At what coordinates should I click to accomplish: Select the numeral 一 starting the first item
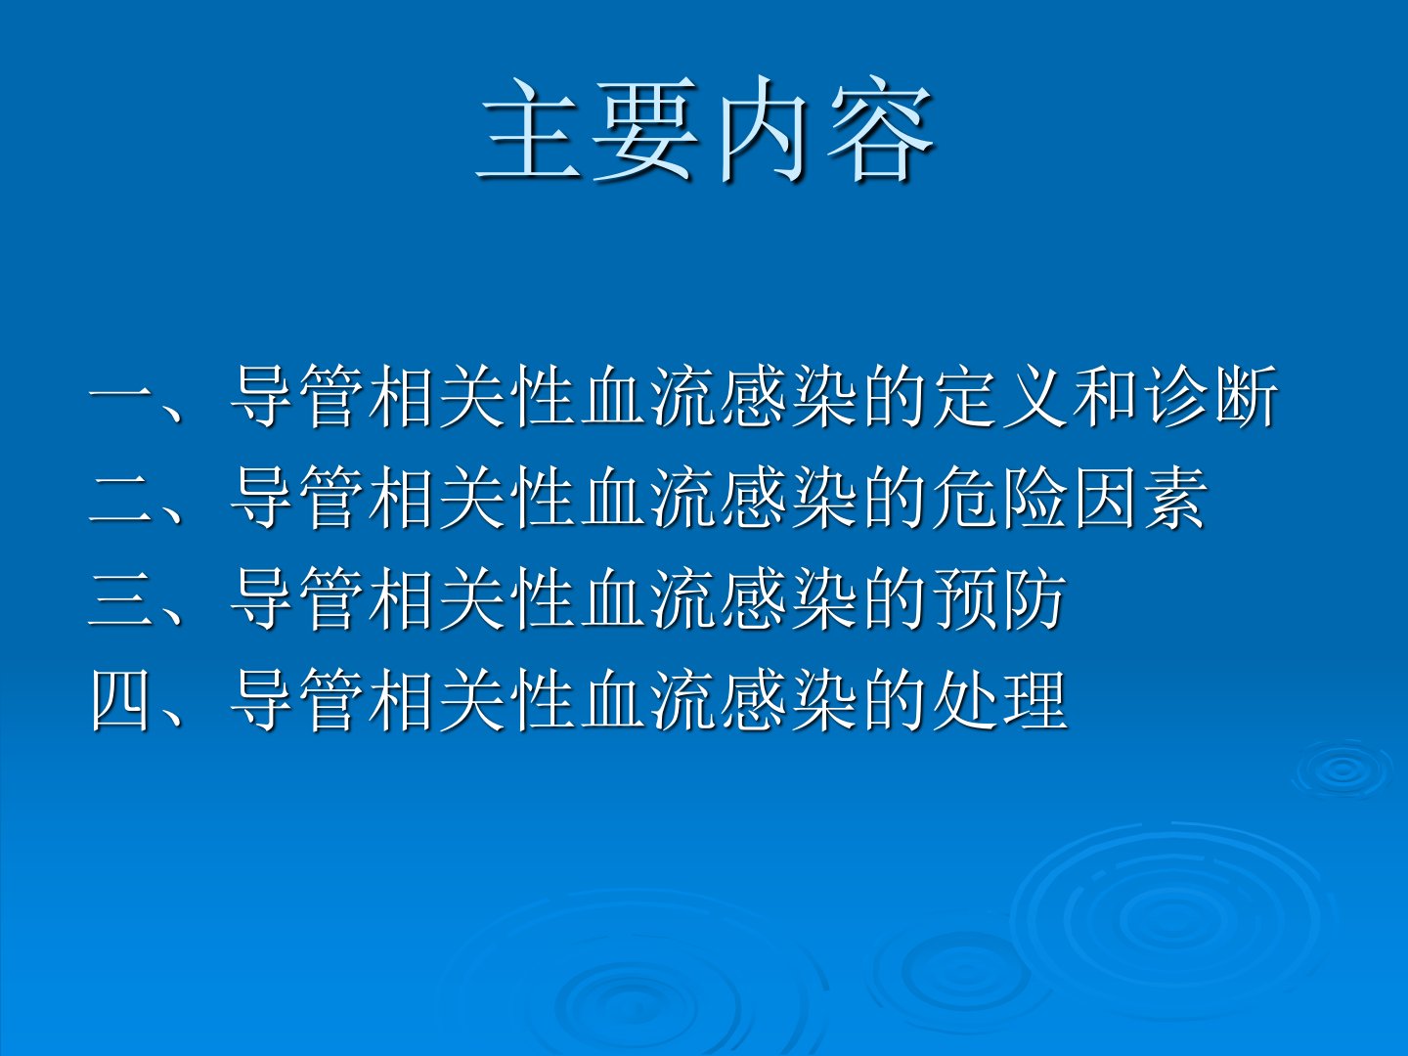[121, 397]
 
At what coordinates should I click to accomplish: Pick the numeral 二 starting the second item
[121, 499]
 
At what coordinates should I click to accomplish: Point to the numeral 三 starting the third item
[121, 598]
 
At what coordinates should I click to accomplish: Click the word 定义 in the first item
[1000, 397]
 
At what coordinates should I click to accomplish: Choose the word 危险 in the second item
[1000, 499]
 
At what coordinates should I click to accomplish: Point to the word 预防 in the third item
[1000, 598]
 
